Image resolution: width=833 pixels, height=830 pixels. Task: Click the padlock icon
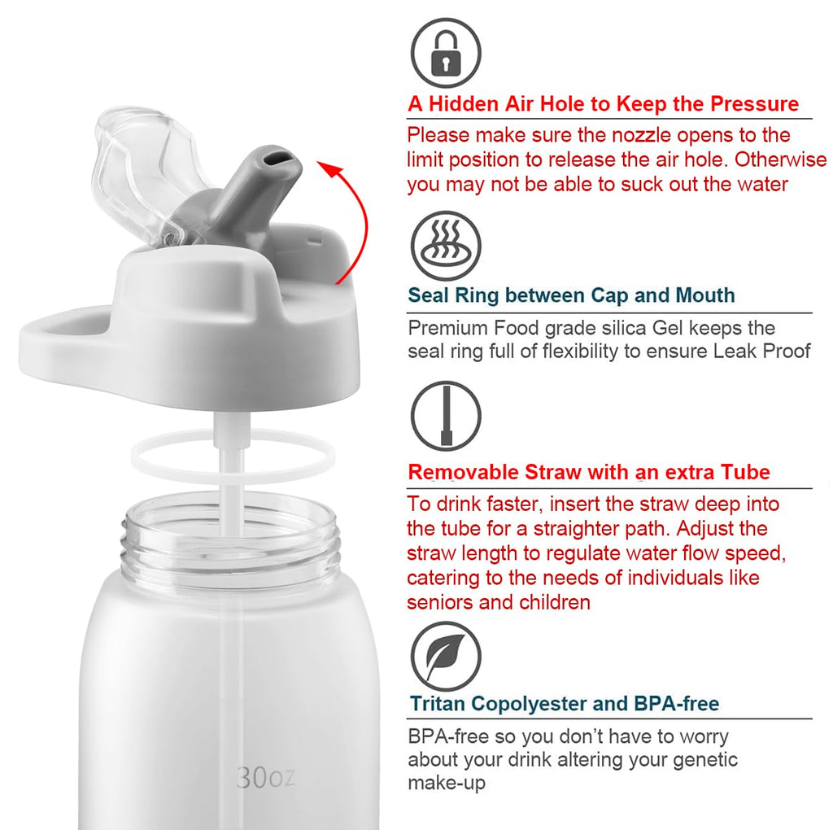pyautogui.click(x=445, y=53)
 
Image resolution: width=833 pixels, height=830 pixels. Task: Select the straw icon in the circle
pyautogui.click(x=445, y=416)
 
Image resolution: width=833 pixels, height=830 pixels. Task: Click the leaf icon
pyautogui.click(x=445, y=656)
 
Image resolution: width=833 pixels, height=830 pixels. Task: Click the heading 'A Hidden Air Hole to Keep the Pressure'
pyautogui.click(x=603, y=104)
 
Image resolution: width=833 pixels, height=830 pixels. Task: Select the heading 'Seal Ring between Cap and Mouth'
pyautogui.click(x=571, y=295)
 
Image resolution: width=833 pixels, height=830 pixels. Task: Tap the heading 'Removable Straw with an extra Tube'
pyautogui.click(x=588, y=472)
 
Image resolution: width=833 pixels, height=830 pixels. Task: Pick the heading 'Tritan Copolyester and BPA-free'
pyautogui.click(x=564, y=704)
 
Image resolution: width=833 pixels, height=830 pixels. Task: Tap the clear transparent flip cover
pyautogui.click(x=146, y=171)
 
